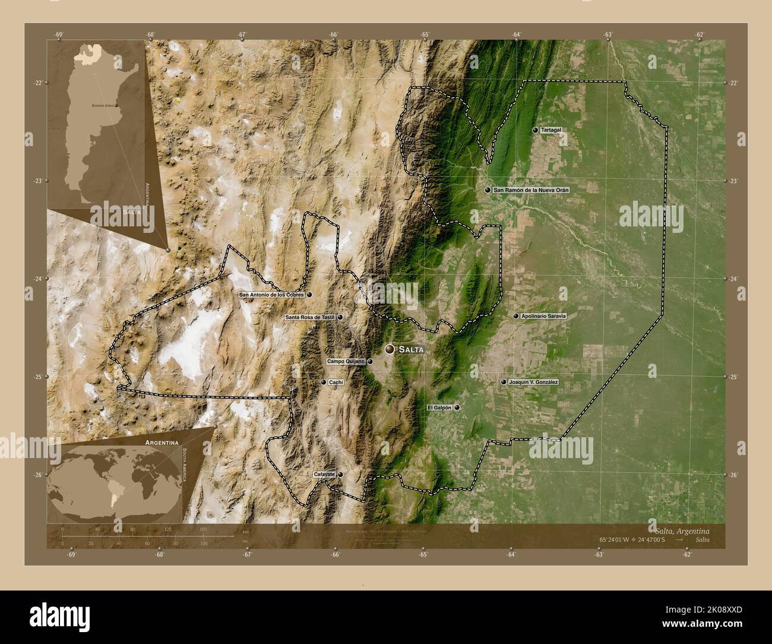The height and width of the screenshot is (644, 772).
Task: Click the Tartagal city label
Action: click(552, 130)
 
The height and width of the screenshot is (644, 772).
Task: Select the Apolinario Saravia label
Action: click(543, 316)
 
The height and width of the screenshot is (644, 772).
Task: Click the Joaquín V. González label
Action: click(533, 382)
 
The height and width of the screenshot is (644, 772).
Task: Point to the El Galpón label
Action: click(440, 408)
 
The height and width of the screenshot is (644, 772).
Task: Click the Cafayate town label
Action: click(325, 474)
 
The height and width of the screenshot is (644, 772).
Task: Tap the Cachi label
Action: click(336, 382)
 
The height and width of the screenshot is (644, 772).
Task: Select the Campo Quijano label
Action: click(346, 361)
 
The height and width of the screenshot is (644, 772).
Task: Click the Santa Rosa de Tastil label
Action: click(310, 317)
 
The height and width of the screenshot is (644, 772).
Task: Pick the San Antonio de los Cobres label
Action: click(271, 294)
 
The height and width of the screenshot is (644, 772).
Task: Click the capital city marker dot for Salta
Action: click(390, 349)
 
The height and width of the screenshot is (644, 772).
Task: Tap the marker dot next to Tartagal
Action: click(535, 130)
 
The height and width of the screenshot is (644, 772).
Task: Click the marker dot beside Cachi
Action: click(324, 382)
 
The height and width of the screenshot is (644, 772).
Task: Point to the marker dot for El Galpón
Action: click(457, 408)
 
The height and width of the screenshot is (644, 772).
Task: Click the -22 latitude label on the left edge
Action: click(54, 83)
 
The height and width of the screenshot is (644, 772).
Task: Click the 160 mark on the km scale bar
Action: click(203, 529)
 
